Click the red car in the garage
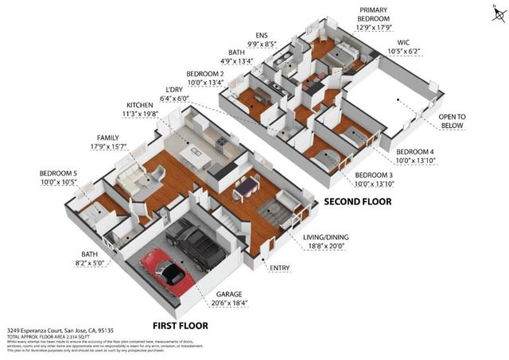click(164, 270)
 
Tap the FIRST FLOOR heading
click(180, 326)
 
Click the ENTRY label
click(280, 269)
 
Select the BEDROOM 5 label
click(57, 172)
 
